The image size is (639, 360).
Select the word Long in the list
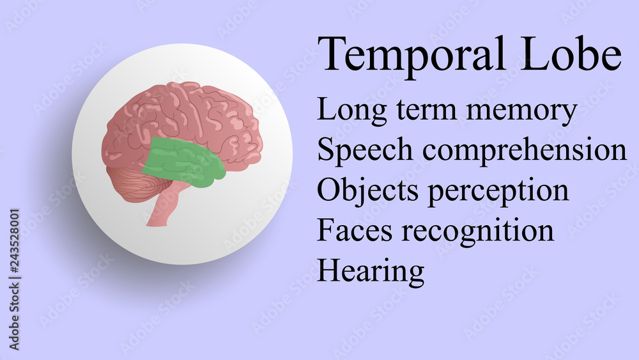pos(346,111)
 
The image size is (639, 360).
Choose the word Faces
pos(355,230)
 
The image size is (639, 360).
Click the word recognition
pos(477,231)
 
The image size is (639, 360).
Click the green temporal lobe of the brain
pos(182,161)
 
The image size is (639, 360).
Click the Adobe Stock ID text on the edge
pos(14,278)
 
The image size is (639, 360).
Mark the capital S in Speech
pos(325,150)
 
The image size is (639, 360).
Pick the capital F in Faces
pos(326,230)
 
